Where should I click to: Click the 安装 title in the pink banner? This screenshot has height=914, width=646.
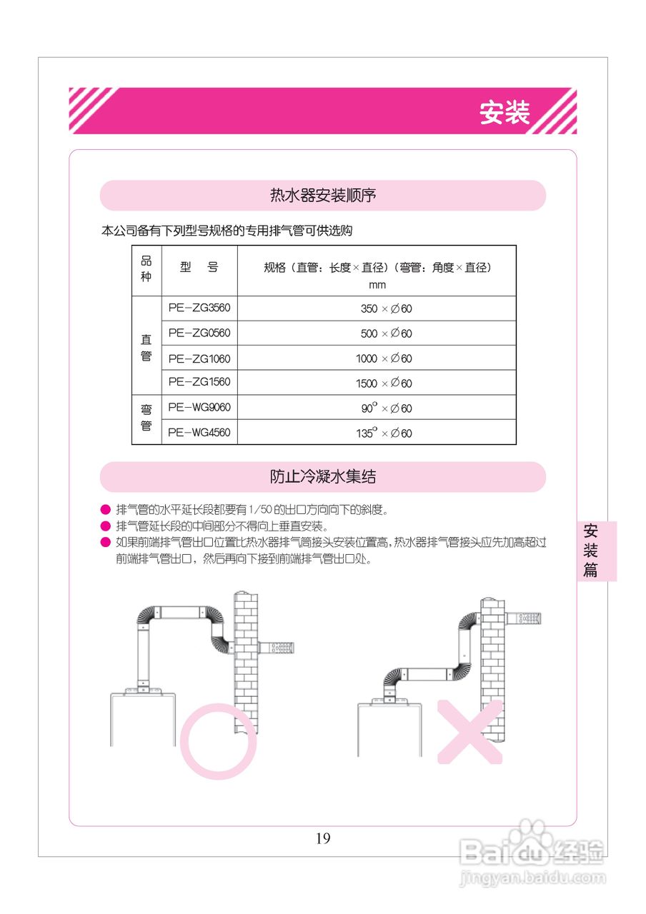tap(505, 113)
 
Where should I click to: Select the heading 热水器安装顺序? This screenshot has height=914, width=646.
tap(323, 195)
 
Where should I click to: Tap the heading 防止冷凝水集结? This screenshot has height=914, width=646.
tap(323, 476)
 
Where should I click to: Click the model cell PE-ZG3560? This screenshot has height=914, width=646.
tap(199, 308)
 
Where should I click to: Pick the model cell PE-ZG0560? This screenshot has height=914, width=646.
tap(199, 333)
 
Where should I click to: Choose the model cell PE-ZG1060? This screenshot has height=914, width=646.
tap(199, 358)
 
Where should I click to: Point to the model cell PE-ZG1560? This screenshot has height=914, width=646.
tap(199, 382)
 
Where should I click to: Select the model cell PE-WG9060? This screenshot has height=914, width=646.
tap(199, 407)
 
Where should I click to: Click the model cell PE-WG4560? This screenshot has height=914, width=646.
tap(199, 432)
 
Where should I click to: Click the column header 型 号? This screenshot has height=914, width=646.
tap(199, 268)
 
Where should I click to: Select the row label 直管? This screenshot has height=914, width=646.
tap(146, 346)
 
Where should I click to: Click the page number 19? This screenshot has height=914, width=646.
tap(323, 838)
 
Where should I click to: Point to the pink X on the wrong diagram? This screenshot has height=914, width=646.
tap(469, 731)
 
